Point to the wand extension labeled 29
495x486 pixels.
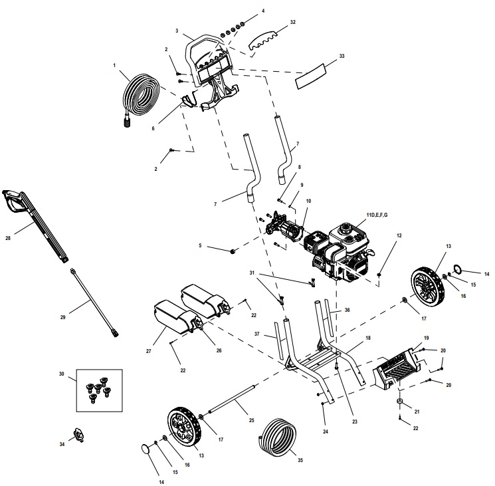[x=93, y=300]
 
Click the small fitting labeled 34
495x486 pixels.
[x=81, y=435]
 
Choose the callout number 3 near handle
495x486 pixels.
[x=177, y=31]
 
